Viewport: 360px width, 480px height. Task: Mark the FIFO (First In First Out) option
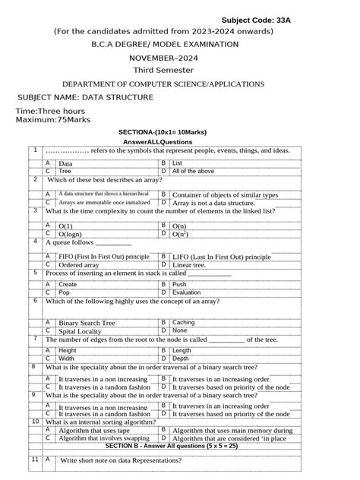click(x=103, y=257)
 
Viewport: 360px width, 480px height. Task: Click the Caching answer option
click(x=184, y=322)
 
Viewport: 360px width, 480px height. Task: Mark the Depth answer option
click(x=181, y=358)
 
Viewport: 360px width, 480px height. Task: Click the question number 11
click(x=35, y=459)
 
